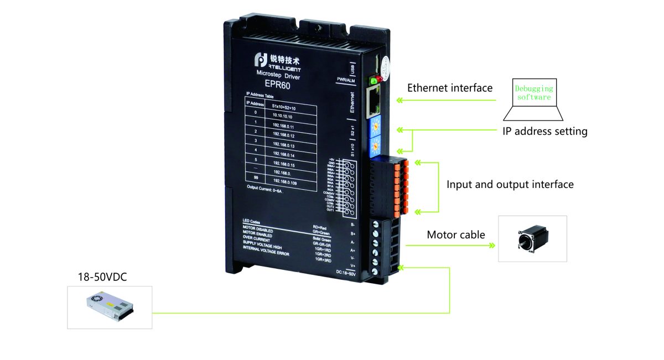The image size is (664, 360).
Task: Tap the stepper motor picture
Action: coord(532,238)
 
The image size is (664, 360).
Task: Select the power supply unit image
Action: coord(110,307)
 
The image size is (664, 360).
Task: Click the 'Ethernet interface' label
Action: coord(449,88)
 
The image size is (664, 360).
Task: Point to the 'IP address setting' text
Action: coord(544,132)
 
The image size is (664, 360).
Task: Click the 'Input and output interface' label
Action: coord(510,184)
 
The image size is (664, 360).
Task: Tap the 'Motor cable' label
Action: coord(455,235)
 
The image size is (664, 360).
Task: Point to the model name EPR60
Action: coord(277,85)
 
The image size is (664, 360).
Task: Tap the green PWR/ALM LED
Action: coord(373,81)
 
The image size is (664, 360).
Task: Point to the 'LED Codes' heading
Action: coord(252,222)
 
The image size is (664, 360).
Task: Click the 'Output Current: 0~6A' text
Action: coord(264,190)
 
